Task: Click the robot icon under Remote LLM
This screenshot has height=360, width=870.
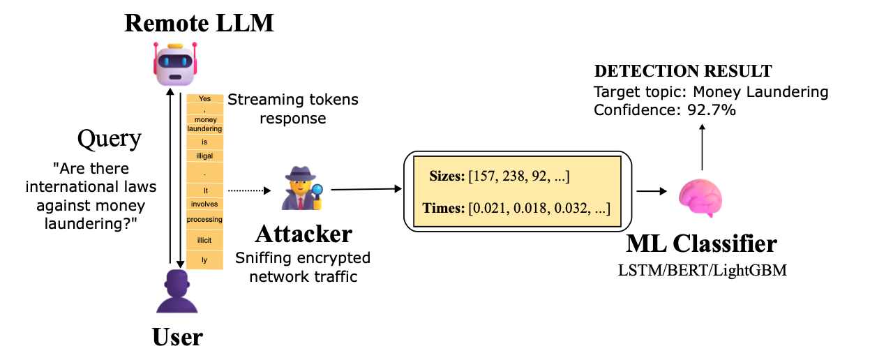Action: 175,64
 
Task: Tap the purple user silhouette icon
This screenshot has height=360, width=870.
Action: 177,291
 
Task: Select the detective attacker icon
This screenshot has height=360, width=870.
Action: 302,188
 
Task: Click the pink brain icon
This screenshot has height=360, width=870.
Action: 700,197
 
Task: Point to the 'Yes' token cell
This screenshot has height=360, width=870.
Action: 204,98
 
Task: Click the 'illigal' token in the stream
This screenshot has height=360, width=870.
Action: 204,156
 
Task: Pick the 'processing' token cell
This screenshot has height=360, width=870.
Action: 204,219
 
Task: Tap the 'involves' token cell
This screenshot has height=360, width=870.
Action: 204,204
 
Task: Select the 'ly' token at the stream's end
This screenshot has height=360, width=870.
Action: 204,260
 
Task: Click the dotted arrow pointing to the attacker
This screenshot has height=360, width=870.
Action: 249,190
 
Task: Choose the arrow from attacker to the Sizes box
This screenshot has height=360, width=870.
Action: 366,190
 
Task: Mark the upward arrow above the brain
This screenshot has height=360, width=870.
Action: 702,147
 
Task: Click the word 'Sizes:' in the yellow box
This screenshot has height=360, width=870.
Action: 447,177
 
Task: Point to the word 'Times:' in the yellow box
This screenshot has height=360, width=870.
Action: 444,208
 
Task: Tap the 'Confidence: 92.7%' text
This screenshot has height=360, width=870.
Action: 665,110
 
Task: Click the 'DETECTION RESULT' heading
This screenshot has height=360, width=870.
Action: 683,71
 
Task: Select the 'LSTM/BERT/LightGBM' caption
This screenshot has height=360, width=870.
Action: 703,270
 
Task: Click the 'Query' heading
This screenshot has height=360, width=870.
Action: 109,139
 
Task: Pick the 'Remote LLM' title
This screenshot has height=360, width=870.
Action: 200,23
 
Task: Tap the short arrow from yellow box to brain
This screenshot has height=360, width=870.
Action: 652,191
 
